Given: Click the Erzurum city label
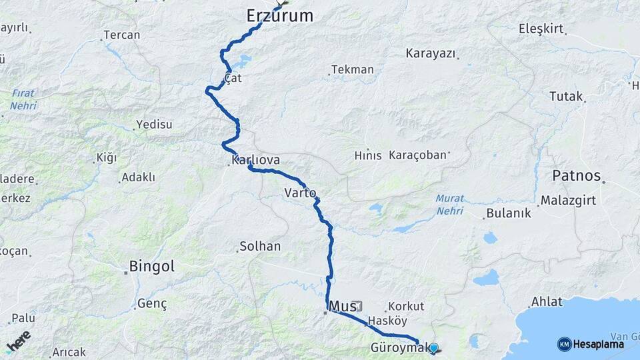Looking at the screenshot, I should (x=279, y=16).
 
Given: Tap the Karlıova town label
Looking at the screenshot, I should (x=255, y=161).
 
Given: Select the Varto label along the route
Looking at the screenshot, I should (x=300, y=193).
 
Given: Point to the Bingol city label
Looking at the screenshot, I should (x=151, y=267).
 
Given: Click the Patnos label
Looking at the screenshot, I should (x=577, y=177).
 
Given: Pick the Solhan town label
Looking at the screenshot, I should (x=259, y=247).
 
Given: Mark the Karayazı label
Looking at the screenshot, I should (x=431, y=53).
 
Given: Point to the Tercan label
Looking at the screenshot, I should (x=122, y=35).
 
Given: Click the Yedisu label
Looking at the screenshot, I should (x=154, y=124).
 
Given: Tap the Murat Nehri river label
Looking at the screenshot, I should (x=449, y=205).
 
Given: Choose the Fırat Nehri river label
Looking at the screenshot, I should (x=23, y=99).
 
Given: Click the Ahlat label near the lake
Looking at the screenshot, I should (x=547, y=301).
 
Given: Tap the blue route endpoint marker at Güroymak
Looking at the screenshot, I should (x=434, y=347).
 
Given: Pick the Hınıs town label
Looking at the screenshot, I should (x=368, y=155).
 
